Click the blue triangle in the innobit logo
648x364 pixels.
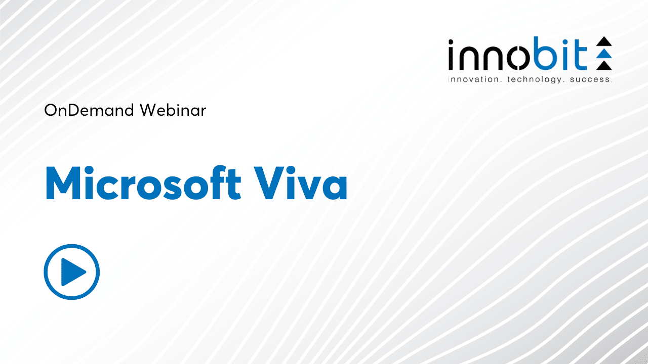tap(604, 54)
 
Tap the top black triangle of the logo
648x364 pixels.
tap(604, 41)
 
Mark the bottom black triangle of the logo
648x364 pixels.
tap(604, 65)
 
